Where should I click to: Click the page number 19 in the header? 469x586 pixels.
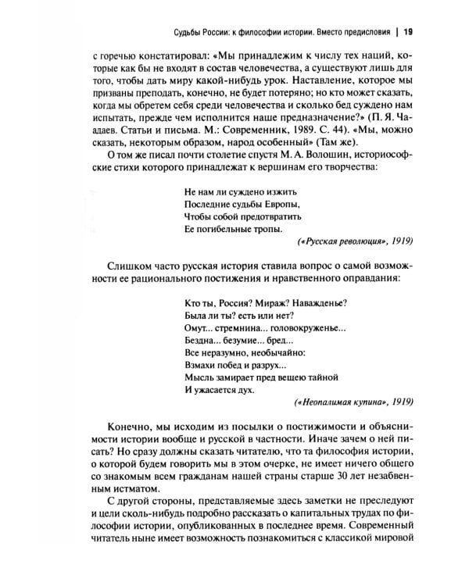pos(408,32)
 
